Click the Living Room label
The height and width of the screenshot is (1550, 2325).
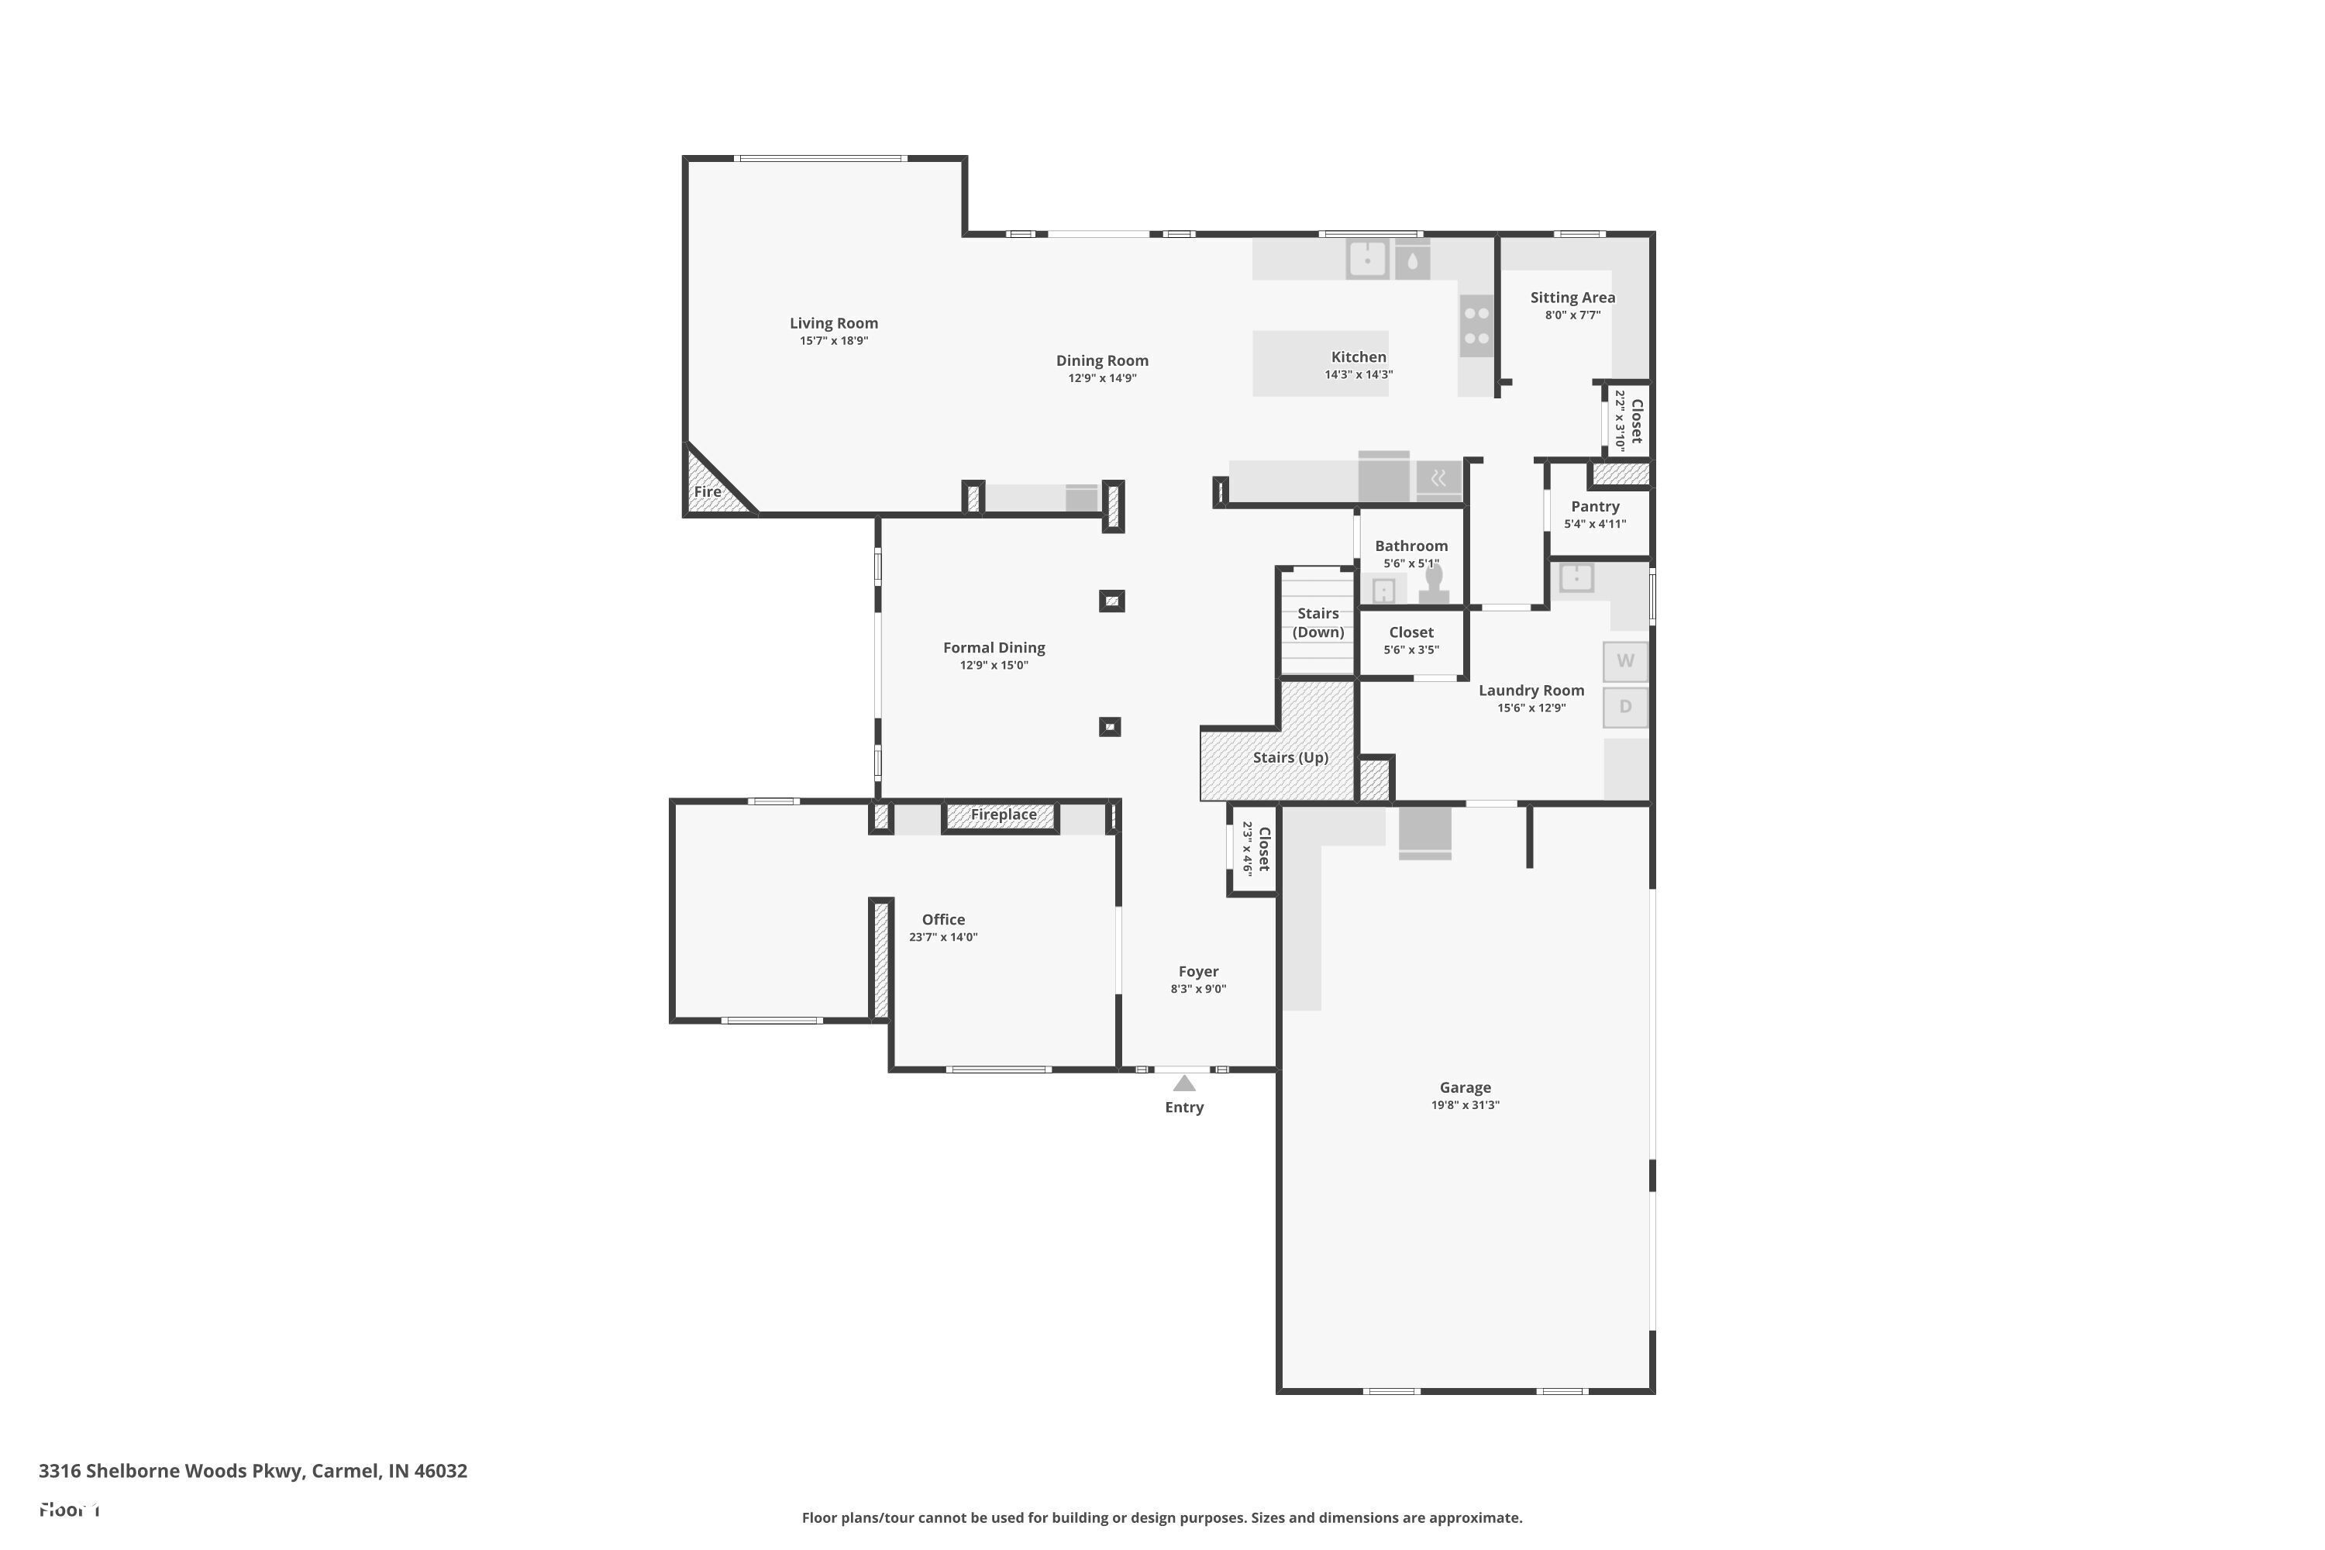(x=833, y=323)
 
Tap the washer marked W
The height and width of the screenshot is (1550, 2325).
(x=1625, y=661)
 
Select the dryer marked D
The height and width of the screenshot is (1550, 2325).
(x=1625, y=708)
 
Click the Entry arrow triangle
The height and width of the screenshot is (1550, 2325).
(x=1183, y=1083)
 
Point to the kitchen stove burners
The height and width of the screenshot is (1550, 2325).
(x=1476, y=326)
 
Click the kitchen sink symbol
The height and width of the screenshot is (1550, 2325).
(x=1367, y=260)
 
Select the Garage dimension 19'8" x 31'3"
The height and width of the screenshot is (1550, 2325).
(x=1465, y=1105)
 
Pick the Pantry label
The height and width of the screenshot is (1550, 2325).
(x=1594, y=506)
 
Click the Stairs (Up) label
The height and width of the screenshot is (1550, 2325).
(x=1290, y=757)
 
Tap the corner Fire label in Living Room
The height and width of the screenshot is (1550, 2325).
(x=707, y=491)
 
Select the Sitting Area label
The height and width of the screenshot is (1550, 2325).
(x=1572, y=298)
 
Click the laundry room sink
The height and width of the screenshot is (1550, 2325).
(x=1576, y=577)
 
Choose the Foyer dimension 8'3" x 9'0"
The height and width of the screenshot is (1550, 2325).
(x=1198, y=989)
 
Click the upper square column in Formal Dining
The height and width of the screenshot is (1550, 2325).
(x=1111, y=601)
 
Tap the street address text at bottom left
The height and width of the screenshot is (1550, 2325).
(x=253, y=1470)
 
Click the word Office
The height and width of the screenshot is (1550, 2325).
(x=943, y=919)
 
